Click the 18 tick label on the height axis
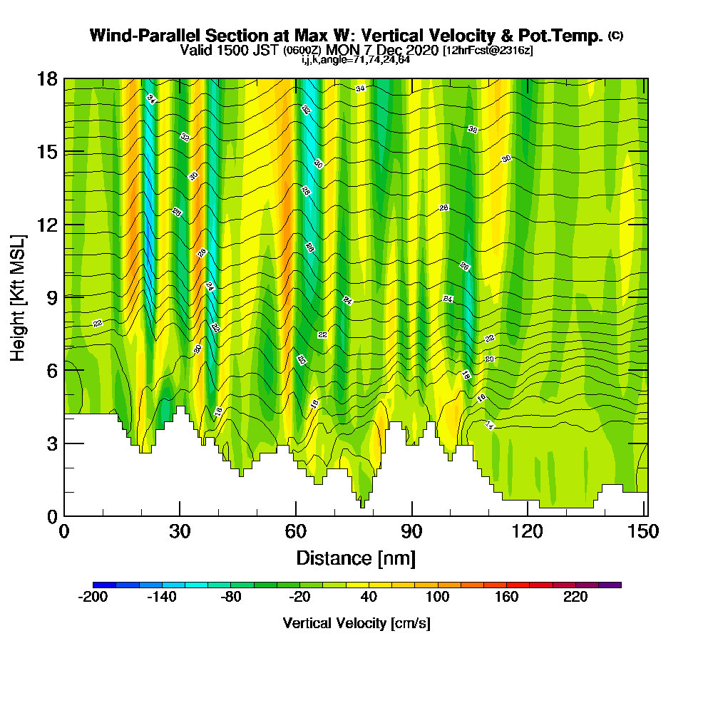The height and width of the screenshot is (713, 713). (x=46, y=79)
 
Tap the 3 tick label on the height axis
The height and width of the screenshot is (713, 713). (x=52, y=443)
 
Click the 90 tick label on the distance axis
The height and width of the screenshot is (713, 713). (x=411, y=532)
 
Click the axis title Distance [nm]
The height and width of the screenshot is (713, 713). (x=356, y=557)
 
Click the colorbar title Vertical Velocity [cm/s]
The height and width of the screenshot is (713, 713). (x=356, y=623)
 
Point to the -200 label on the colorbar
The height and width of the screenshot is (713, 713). (x=92, y=597)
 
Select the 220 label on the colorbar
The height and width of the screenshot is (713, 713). (x=575, y=597)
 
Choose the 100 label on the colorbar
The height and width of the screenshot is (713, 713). (x=437, y=597)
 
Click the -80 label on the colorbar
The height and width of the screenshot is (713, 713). (x=230, y=597)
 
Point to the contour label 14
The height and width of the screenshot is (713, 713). (x=490, y=426)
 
